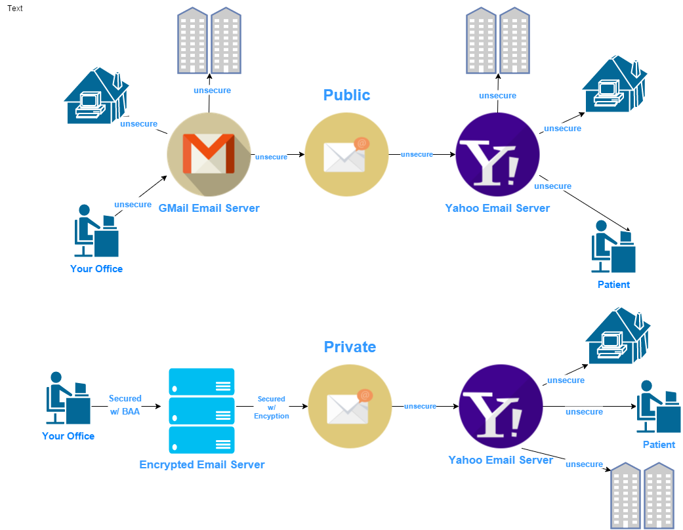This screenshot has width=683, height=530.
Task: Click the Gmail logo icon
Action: point(209,154)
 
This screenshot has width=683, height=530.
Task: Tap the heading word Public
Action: point(346,95)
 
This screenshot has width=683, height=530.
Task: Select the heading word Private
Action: point(350,347)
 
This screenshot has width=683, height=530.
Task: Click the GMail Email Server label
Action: point(209,209)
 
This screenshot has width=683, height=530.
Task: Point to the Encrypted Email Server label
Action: point(202,465)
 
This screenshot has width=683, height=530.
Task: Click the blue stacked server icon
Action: point(201,411)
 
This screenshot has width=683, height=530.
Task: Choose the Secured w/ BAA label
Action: point(125,405)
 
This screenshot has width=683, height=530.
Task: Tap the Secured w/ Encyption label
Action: point(271,407)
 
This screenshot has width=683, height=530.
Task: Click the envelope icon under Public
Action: point(346,155)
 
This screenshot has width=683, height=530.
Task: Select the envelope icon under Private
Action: point(350,407)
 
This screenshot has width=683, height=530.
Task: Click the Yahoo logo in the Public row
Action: point(497,154)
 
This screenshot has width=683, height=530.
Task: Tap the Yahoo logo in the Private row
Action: point(501,407)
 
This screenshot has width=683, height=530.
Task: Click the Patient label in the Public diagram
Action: point(613,285)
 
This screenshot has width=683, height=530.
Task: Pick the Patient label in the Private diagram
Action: point(659,445)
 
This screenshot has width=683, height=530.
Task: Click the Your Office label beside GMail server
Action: point(96,269)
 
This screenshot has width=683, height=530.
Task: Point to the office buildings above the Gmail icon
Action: point(209,40)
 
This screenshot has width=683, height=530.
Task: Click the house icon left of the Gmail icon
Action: point(96,96)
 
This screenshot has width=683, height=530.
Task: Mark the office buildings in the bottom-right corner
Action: point(642,495)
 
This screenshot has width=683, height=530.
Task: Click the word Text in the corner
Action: point(15,9)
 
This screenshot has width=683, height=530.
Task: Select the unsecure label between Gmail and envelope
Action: point(271,157)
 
